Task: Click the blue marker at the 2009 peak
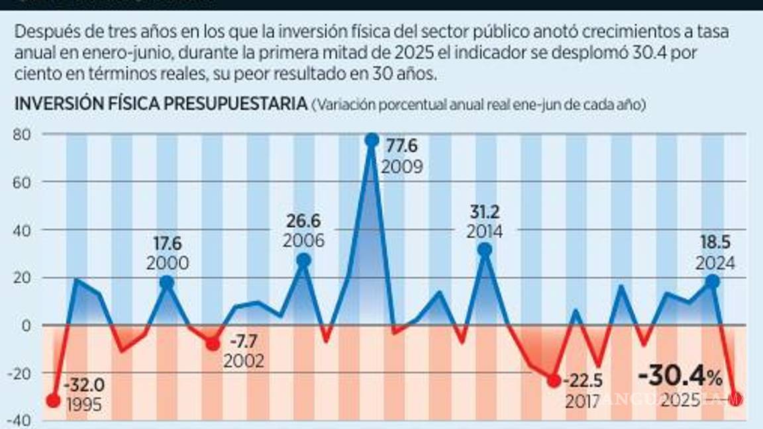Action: (x=372, y=140)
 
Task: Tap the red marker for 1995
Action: (x=54, y=401)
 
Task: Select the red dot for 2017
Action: (x=554, y=381)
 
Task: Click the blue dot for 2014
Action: (x=485, y=250)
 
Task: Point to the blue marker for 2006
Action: (x=303, y=261)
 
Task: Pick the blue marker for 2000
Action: (x=167, y=283)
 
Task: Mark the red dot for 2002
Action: (x=213, y=344)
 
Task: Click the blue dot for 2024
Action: (x=713, y=281)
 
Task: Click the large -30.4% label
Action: (x=680, y=377)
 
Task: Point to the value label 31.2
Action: (x=484, y=212)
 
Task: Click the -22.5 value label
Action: (x=582, y=383)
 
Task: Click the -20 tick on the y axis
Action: (x=24, y=373)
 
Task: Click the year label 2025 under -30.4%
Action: (x=681, y=401)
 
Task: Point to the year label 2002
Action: (x=244, y=361)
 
